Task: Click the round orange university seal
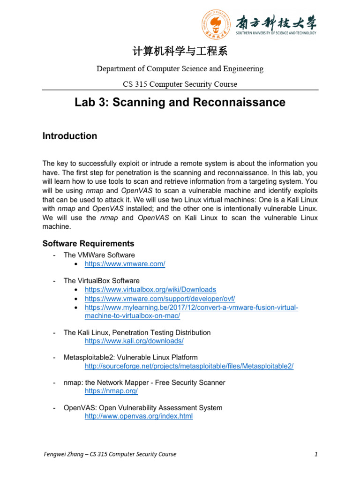(217, 24)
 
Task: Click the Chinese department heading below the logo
(180, 51)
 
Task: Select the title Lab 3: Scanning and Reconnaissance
(180, 102)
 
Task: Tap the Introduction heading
(70, 136)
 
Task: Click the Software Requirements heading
(88, 243)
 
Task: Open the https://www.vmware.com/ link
(125, 264)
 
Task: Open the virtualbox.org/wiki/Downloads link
(150, 290)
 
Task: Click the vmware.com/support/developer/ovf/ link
(159, 299)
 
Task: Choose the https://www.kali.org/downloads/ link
(134, 341)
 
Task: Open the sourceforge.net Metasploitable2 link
(189, 366)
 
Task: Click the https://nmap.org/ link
(111, 391)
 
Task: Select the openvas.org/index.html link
(138, 416)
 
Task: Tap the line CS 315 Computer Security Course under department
(180, 84)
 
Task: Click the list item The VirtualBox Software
(101, 281)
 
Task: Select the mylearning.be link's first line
(191, 307)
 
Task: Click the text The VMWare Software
(99, 255)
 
